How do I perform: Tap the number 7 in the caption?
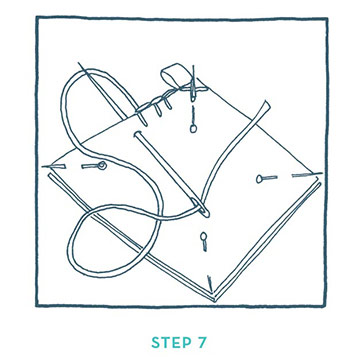tap(202, 342)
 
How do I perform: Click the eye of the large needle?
tap(202, 208)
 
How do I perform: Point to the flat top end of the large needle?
tap(136, 134)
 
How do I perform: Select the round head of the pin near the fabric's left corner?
tap(102, 165)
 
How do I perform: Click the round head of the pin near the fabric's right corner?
tap(259, 179)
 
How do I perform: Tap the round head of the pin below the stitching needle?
tap(193, 128)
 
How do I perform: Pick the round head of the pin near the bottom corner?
tap(203, 236)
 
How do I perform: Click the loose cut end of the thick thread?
tap(266, 104)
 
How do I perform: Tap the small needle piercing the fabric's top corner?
tap(193, 83)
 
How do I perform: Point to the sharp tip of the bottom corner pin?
tap(210, 291)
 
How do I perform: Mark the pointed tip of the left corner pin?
tap(43, 166)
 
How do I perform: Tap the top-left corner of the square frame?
tap(37, 17)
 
